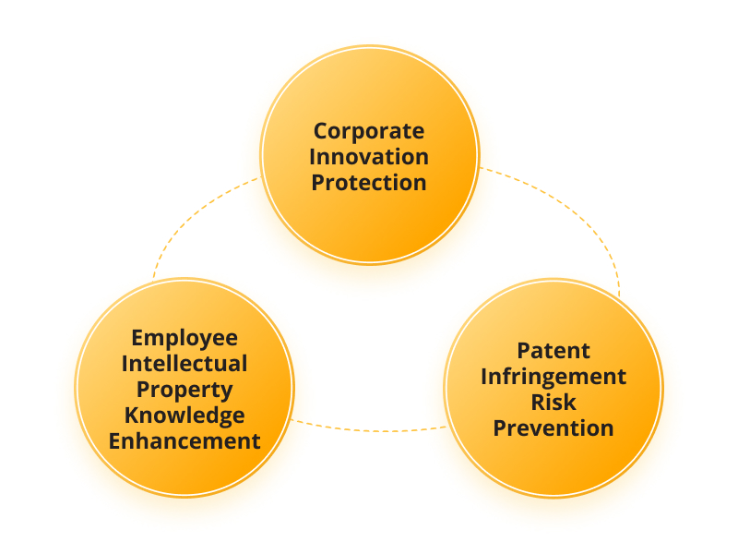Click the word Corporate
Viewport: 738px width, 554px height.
(369, 131)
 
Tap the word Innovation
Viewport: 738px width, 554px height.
(369, 157)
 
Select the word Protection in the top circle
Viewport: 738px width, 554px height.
(369, 183)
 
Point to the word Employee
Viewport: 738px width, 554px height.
(184, 339)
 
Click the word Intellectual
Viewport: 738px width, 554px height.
(184, 364)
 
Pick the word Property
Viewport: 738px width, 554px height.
(184, 391)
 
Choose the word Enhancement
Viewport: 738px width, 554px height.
(184, 441)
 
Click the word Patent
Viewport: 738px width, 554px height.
(553, 351)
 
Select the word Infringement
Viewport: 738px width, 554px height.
(553, 378)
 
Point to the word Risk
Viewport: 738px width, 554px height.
(553, 403)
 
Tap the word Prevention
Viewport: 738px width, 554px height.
(553, 428)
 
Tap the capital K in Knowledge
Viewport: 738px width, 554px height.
(133, 415)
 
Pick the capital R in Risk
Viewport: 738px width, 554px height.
(540, 403)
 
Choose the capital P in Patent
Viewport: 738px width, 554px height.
(525, 351)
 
